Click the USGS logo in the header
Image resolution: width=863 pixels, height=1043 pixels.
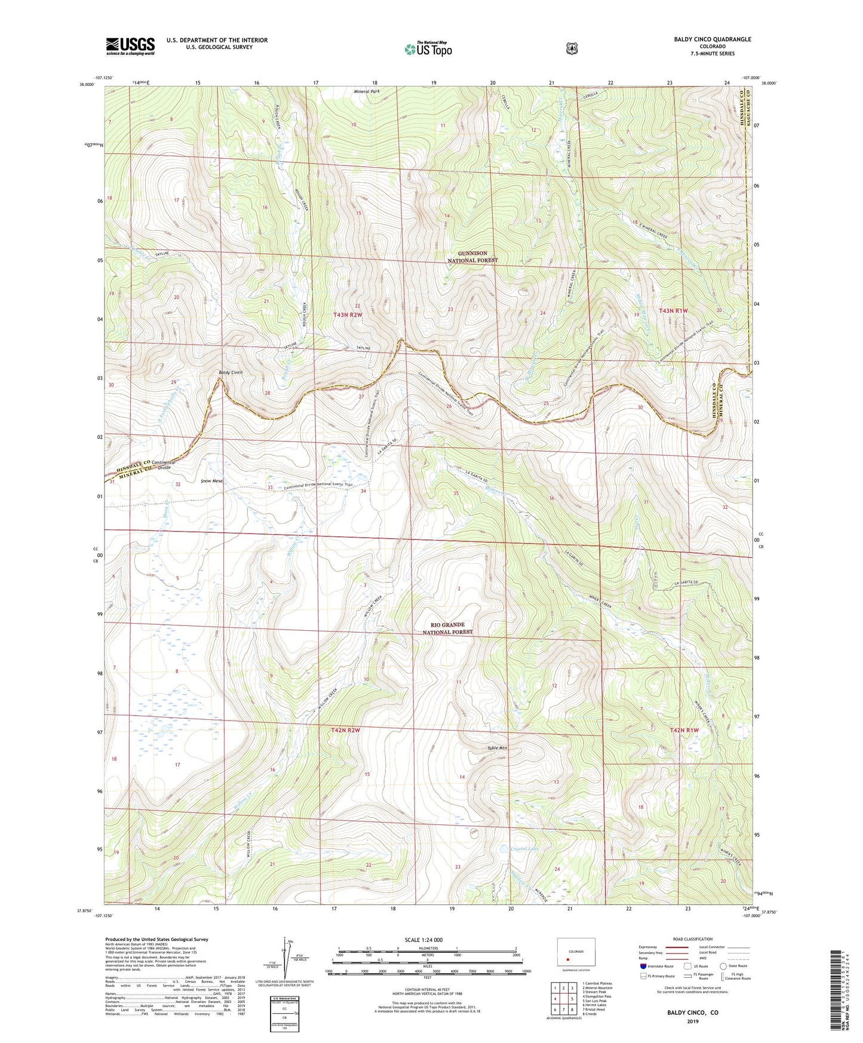[x=130, y=46]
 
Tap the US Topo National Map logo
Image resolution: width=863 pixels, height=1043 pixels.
[x=427, y=48]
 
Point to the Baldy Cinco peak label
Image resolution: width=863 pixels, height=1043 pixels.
[x=230, y=372]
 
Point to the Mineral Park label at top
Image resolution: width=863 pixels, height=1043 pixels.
[x=367, y=91]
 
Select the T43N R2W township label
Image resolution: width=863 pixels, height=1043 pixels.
[x=348, y=314]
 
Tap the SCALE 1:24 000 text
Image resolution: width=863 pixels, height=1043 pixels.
[x=423, y=940]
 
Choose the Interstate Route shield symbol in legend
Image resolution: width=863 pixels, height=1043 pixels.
[x=643, y=966]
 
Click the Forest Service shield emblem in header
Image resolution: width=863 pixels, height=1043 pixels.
[x=572, y=48]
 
